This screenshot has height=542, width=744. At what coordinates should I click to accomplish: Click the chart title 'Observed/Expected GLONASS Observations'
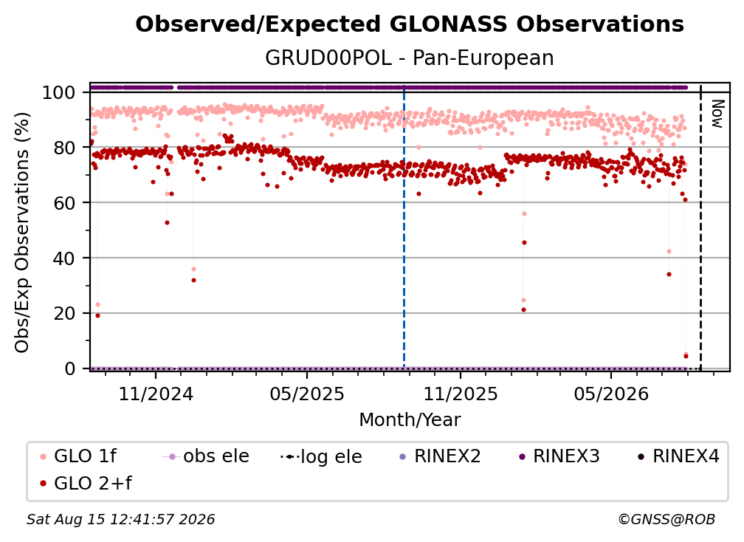click(410, 24)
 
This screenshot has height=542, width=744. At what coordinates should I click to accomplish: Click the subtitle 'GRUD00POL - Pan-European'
click(410, 58)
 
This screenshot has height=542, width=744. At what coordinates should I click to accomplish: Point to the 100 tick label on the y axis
click(59, 92)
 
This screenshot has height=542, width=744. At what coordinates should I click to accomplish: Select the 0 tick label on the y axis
click(70, 368)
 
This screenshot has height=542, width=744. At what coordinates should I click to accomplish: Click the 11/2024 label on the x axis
click(156, 394)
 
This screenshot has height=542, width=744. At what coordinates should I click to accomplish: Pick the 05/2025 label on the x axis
click(307, 394)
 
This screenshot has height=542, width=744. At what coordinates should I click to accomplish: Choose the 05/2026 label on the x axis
click(611, 394)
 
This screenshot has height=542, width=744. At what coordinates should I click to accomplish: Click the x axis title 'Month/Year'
click(410, 419)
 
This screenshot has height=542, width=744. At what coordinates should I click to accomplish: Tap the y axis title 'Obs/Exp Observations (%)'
click(22, 233)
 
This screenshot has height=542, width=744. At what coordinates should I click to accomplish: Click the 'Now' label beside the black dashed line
click(717, 114)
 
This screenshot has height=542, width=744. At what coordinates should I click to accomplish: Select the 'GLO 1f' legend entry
click(77, 456)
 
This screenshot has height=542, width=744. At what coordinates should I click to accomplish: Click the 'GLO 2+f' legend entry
click(86, 483)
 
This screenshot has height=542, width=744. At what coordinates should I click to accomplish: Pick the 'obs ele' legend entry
click(206, 456)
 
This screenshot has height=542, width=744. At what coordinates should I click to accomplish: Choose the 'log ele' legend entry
click(321, 456)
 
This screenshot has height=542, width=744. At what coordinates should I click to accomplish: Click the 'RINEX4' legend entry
click(678, 456)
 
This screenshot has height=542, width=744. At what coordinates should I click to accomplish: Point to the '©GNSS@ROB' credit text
click(666, 519)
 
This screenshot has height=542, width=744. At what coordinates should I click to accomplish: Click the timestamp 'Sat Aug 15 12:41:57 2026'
click(120, 519)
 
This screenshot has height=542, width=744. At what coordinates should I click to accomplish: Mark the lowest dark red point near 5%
click(686, 357)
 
